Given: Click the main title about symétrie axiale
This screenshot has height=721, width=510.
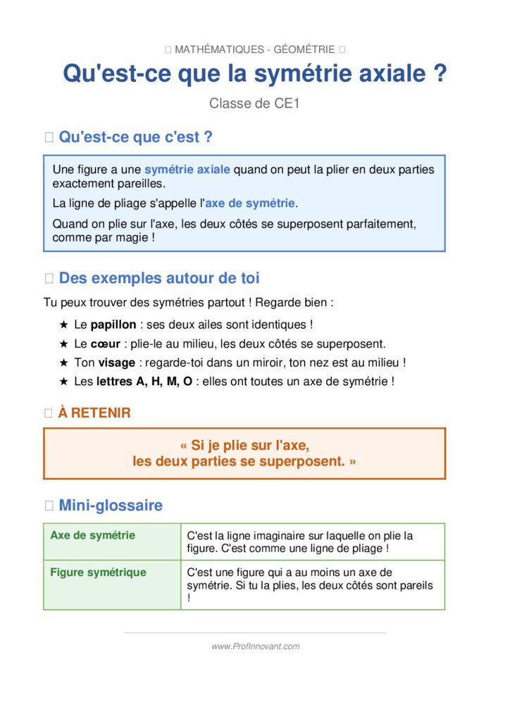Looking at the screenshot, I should (255, 73).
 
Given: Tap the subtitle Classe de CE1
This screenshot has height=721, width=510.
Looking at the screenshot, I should (254, 104).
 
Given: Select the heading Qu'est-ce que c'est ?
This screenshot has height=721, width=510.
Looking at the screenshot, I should (135, 137).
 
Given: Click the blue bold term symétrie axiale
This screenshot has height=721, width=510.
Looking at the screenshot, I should (187, 170).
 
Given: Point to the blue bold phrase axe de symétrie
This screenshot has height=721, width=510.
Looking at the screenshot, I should (250, 203).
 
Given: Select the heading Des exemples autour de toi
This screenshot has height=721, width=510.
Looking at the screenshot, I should (159, 278).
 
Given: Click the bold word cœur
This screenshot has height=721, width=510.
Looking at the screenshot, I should (103, 344).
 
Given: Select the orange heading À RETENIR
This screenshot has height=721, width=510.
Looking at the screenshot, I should (94, 413).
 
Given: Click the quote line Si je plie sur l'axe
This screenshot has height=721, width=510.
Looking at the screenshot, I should (244, 446).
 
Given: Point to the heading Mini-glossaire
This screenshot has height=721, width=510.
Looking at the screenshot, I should (111, 505).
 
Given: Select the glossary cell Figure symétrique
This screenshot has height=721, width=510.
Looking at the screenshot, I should (98, 572).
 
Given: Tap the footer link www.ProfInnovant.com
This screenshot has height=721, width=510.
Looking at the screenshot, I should (255, 646).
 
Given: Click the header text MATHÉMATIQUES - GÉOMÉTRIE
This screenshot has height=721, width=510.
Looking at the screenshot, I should (254, 49).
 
